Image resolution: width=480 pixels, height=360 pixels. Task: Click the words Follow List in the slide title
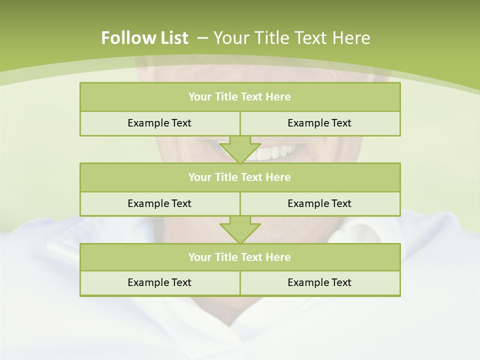coord(144,38)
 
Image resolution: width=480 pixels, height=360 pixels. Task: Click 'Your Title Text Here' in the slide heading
coord(291,38)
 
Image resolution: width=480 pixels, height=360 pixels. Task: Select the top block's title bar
coord(240,97)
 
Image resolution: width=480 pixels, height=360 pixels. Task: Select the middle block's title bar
coord(240,177)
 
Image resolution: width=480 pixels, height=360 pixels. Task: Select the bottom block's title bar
coord(240,257)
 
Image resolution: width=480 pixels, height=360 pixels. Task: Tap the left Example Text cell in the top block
coord(159,123)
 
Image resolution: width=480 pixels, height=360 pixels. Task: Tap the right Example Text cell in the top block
coord(319,123)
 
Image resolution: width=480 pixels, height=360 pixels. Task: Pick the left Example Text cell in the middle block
coord(159,203)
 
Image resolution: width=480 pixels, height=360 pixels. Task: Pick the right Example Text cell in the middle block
coord(319,203)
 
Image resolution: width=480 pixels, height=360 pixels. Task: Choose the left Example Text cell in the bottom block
coord(159,282)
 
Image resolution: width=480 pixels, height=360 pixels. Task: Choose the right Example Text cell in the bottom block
coord(319,282)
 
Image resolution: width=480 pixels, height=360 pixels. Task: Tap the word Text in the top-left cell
coord(181,123)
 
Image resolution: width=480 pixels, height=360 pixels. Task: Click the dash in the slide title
coord(203,38)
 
